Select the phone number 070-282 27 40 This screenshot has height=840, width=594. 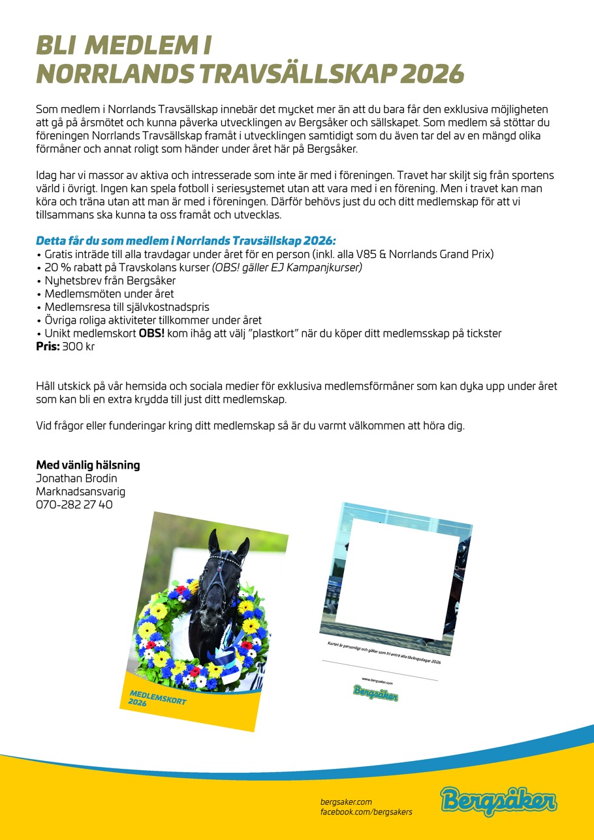74,505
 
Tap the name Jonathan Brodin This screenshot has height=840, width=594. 76,478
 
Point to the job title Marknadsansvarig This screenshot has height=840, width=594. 80,491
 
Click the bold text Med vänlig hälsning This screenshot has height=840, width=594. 87,465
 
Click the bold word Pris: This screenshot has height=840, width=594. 47,347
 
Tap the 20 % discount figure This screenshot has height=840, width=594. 57,267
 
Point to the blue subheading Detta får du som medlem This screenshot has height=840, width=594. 186,240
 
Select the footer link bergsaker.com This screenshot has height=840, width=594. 346,801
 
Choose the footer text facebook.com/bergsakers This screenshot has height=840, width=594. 366,812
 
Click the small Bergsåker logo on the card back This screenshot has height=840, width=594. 376,692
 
